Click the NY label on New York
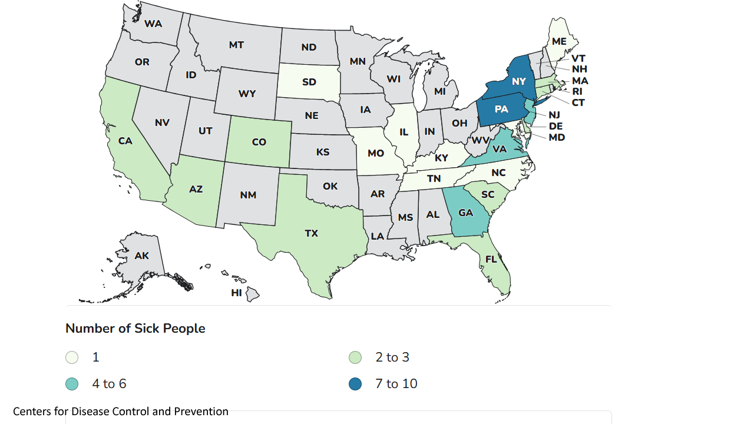coord(518,82)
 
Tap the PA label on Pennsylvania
coord(501,110)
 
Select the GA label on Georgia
coord(465,213)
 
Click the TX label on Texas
coord(311,234)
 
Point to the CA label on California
coord(125,141)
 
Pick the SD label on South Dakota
coord(309,82)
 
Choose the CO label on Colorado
coord(259,143)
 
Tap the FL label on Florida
coord(491,259)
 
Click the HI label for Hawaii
coord(236,293)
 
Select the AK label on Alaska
coord(141,256)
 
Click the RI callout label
coord(577,92)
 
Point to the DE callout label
coord(555,127)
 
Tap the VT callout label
coord(578,59)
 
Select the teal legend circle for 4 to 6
coord(72,384)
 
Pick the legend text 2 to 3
coord(392,357)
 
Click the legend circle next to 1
coord(72,357)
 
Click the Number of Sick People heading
coord(135,329)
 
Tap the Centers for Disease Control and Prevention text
coord(121,412)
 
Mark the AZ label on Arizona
coord(196,190)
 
